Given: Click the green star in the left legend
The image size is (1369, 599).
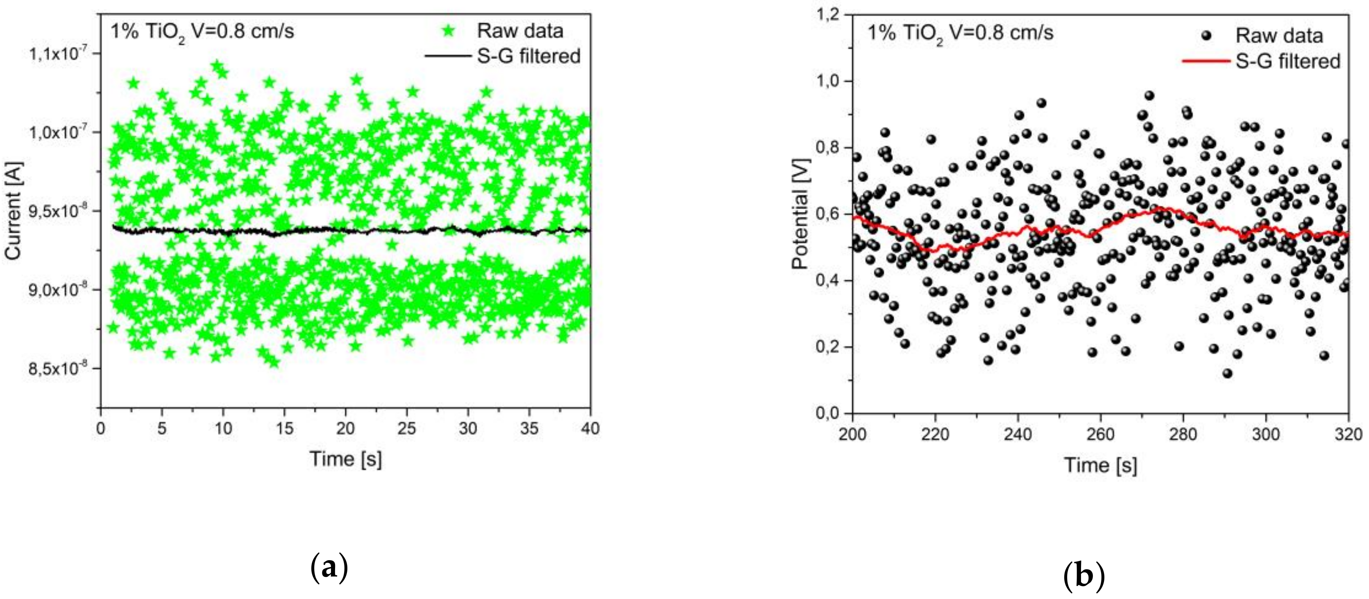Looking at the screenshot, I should click(449, 31).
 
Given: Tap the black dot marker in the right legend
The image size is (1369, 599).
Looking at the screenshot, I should click(1206, 36).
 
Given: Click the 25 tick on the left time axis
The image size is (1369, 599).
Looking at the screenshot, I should click(406, 428).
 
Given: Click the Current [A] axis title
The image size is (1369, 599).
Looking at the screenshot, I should click(13, 211).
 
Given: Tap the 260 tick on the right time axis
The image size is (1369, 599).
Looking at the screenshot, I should click(1099, 435).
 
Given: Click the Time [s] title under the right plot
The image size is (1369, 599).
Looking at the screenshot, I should click(1100, 465).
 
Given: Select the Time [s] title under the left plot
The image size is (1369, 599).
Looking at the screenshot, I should click(345, 459).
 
